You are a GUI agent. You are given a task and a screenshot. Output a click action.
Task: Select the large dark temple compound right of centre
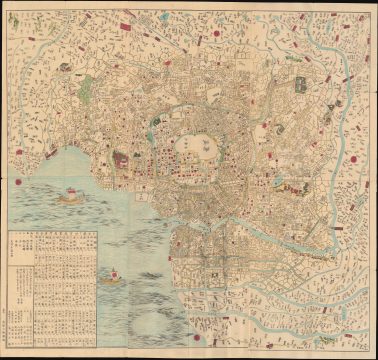click(299, 91)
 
